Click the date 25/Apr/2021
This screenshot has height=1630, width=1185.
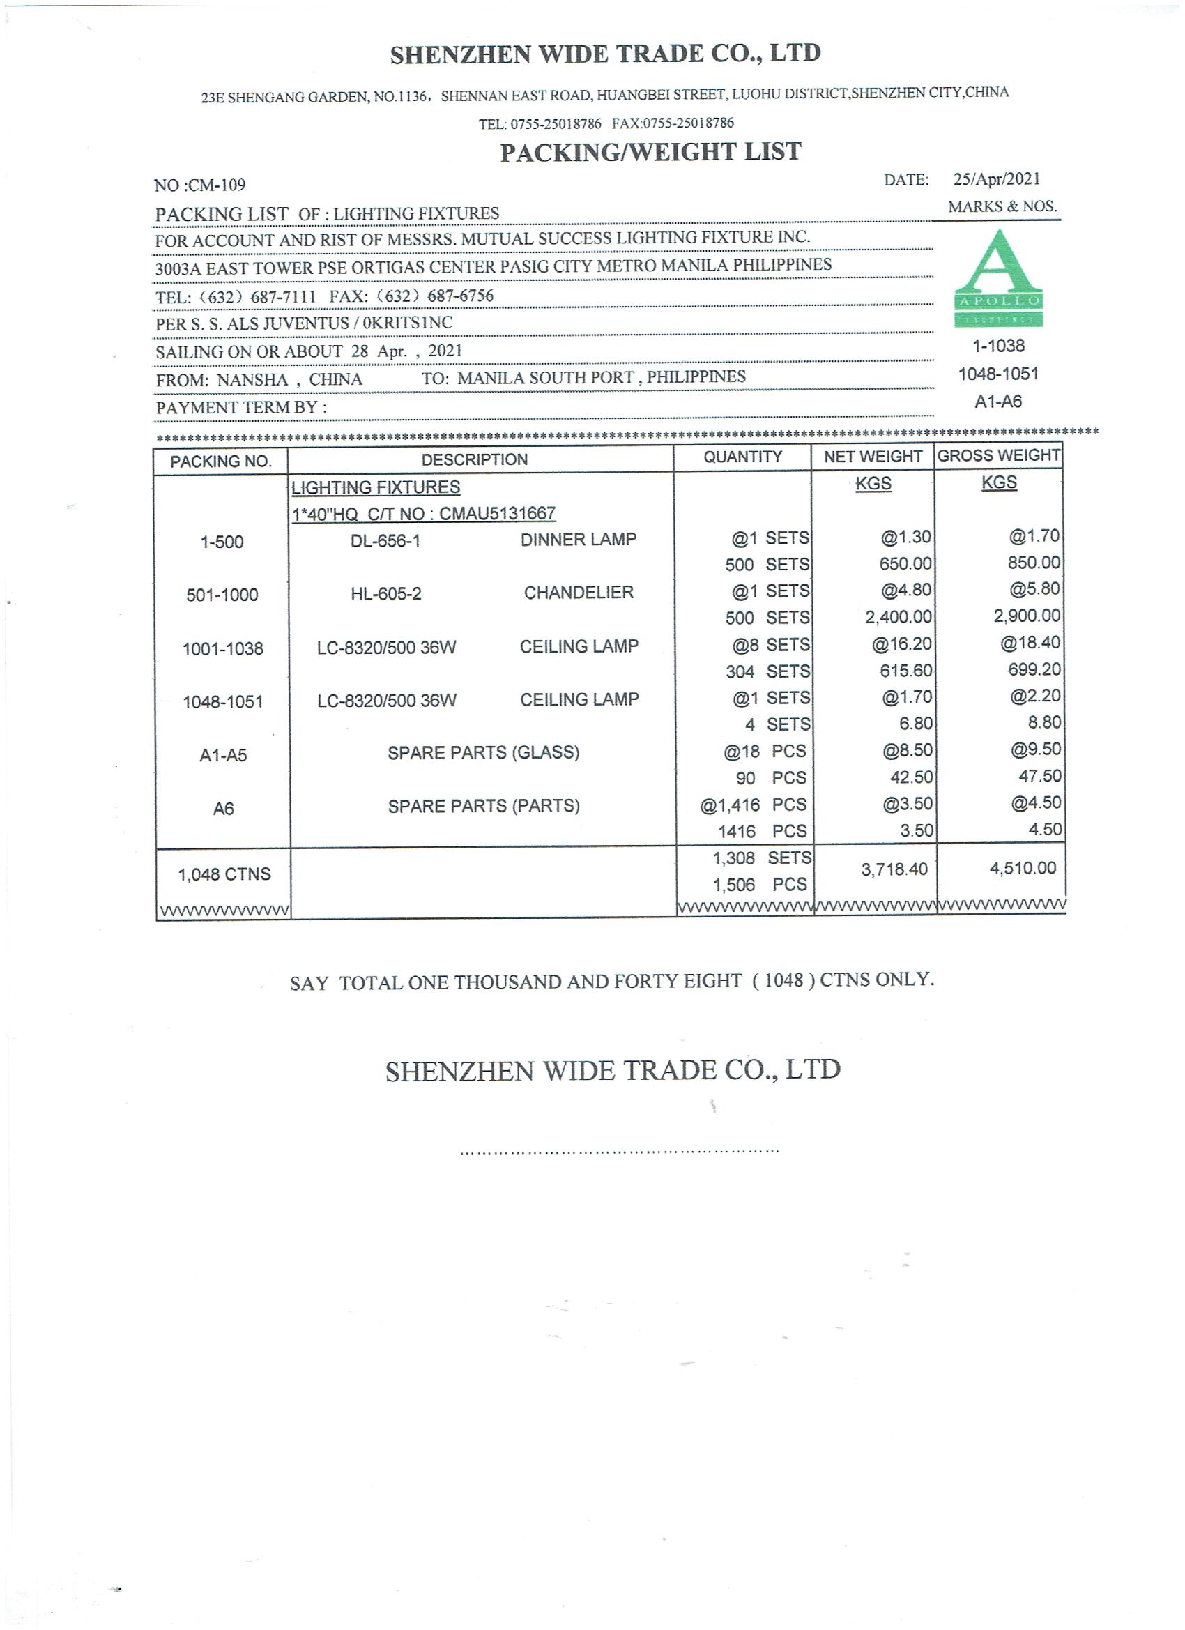coord(996,179)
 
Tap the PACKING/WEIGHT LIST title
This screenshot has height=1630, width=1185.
coord(650,152)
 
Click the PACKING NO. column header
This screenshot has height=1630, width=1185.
coord(220,462)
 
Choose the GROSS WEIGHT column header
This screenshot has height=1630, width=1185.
coord(998,456)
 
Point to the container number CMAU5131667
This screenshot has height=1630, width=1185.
coord(496,514)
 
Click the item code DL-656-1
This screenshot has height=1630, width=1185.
coord(385,540)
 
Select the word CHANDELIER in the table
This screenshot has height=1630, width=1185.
coord(579,593)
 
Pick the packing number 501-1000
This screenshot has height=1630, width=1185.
coord(222,595)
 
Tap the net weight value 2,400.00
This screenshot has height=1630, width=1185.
coord(898,616)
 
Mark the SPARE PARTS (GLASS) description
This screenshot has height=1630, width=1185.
coord(483,752)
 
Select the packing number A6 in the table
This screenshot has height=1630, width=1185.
coord(223,809)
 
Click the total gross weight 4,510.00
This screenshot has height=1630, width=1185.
coord(1023,868)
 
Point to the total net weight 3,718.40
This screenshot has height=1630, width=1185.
coord(894,869)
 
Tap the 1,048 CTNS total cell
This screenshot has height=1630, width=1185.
coord(224,875)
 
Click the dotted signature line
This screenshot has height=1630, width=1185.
coord(619,1152)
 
